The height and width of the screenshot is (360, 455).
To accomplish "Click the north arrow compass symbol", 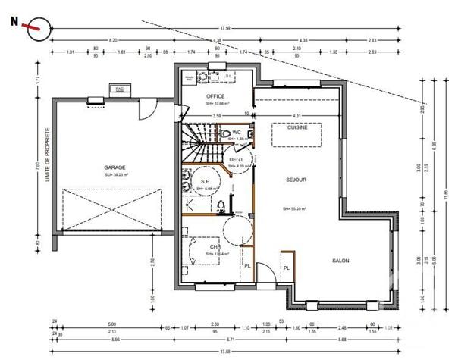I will tap(34, 28).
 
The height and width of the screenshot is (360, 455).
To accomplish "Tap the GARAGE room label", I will tap(115, 167).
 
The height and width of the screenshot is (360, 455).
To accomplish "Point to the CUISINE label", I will tap(297, 127).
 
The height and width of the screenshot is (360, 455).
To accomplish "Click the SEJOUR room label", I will tap(296, 180).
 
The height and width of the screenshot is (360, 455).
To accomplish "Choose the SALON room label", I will tap(340, 260).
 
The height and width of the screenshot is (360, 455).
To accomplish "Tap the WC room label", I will tap(237, 133).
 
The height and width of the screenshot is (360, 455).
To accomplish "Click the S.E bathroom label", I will tap(205, 181).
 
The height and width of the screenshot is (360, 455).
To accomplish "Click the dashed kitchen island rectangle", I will tap(297, 137).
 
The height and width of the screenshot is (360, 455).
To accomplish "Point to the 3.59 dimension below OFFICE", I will tap(216, 115).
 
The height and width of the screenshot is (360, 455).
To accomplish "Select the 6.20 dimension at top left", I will tap(112, 39).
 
